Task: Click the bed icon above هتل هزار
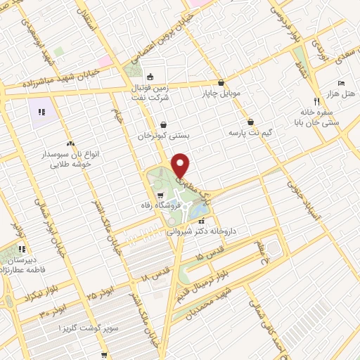[341, 82]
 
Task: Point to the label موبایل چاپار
[221, 92]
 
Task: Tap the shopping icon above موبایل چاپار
[221, 82]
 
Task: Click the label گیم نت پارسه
[250, 132]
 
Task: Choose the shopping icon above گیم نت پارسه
[251, 121]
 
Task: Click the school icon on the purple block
[41, 111]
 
